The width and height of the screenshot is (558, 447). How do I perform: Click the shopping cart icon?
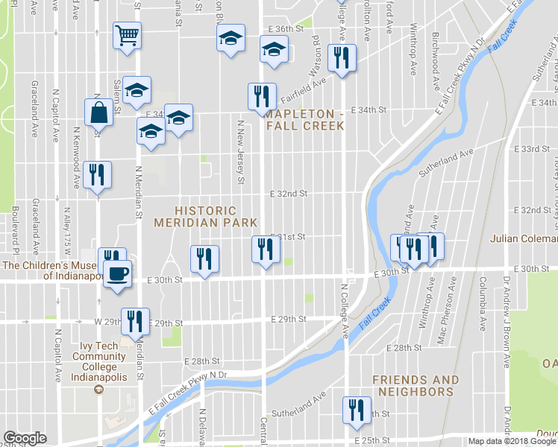(127, 35)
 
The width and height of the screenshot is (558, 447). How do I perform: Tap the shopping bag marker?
(98, 114)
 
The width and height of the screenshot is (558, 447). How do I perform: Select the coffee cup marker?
(117, 274)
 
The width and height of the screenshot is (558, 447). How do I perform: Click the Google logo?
(25, 438)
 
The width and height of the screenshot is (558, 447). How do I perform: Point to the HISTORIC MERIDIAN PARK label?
(205, 217)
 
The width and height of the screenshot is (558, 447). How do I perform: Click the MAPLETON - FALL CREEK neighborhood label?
(305, 119)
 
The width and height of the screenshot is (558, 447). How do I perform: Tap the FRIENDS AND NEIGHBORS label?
(416, 385)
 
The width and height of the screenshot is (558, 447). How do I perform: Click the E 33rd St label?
(536, 150)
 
